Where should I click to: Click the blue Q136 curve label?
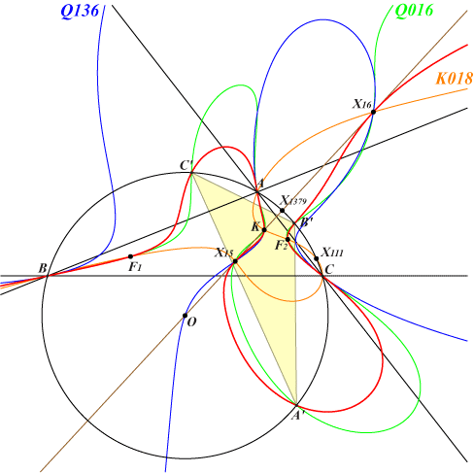coord(80,12)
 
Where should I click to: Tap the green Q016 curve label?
coord(414,11)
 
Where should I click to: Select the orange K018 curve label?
coord(454,79)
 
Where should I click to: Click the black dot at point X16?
coord(373,112)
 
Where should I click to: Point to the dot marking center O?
coord(185,316)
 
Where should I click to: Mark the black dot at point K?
coord(264,230)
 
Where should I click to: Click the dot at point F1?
coord(130,256)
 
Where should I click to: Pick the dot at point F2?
coord(288,239)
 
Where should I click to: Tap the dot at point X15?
coord(235,261)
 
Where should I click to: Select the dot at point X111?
coord(317,258)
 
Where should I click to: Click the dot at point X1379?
coord(282,211)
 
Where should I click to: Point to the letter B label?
coord(43,268)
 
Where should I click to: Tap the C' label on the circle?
coord(186,165)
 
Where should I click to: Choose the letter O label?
coord(191,322)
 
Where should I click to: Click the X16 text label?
coord(361,104)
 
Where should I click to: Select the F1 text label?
coord(135,267)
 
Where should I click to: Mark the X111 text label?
coord(332,253)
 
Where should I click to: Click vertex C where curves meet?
coord(322,276)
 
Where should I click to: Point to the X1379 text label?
coord(293,200)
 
